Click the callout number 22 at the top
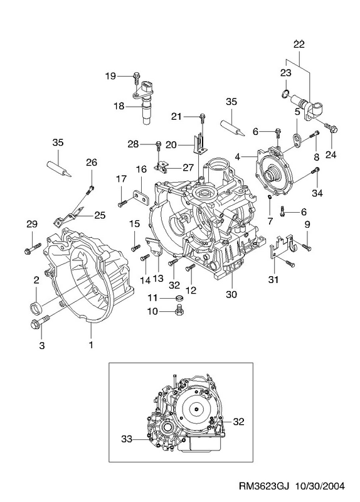(x=299, y=44)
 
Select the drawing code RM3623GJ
(x=264, y=486)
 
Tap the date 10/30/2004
(x=320, y=486)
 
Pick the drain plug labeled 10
(x=179, y=310)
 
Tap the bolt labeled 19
(x=136, y=78)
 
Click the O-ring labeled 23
(x=285, y=93)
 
